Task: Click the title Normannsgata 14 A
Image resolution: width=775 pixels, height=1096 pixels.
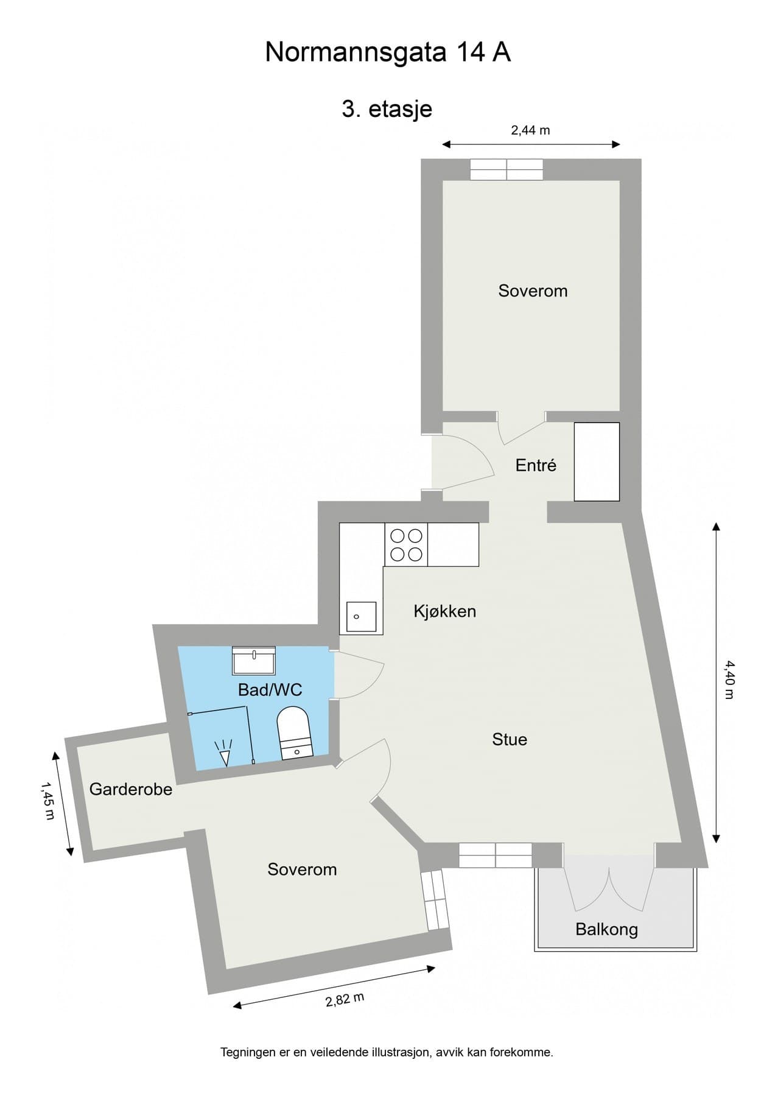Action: click(387, 53)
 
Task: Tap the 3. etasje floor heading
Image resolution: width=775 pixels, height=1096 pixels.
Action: click(387, 109)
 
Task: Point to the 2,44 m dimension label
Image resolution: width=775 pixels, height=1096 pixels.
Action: click(530, 130)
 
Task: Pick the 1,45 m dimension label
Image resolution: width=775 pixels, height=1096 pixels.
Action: click(47, 801)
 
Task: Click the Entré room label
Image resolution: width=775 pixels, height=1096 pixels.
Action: click(536, 465)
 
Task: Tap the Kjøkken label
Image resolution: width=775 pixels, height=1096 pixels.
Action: click(444, 611)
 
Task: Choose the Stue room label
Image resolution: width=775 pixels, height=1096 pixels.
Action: click(510, 739)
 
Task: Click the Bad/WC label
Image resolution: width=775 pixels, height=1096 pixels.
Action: click(270, 690)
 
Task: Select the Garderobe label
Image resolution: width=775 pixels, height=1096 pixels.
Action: click(131, 789)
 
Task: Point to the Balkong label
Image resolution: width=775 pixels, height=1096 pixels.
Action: click(606, 929)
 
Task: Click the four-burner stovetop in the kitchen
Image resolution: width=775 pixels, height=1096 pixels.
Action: click(406, 544)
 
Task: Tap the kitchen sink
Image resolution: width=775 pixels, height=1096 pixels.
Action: click(361, 616)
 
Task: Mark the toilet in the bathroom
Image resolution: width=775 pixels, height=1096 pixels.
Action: click(294, 732)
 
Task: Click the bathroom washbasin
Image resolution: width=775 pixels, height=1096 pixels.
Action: click(254, 660)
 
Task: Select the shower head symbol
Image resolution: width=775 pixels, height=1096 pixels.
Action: click(225, 753)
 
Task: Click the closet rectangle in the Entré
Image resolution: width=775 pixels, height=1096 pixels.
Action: click(597, 462)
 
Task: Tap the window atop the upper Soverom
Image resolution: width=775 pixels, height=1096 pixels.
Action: click(506, 169)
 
